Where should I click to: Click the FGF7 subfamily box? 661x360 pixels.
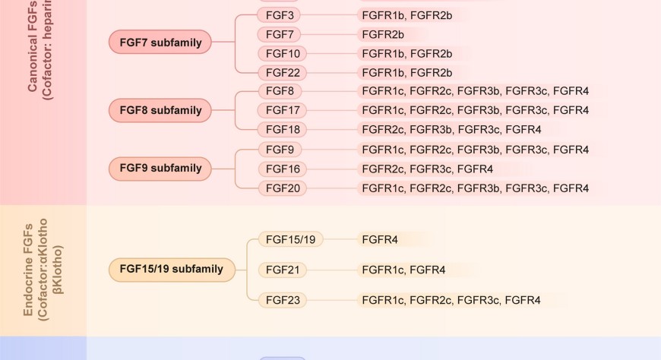pos(160,43)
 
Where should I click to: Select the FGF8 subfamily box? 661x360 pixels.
pos(160,110)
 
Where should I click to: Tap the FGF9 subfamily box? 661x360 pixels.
pos(160,168)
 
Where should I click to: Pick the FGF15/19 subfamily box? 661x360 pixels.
pos(172,269)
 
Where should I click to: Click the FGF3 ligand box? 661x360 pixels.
pos(280,14)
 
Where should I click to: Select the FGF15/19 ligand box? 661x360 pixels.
pos(291,239)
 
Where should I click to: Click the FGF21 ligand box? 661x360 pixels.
pos(283,270)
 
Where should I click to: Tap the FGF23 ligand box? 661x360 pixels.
pos(283,300)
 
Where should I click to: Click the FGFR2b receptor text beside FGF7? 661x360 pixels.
pos(383,34)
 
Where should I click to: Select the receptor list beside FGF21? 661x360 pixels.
pos(403,270)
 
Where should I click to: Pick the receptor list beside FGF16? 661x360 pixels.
pos(427,169)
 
